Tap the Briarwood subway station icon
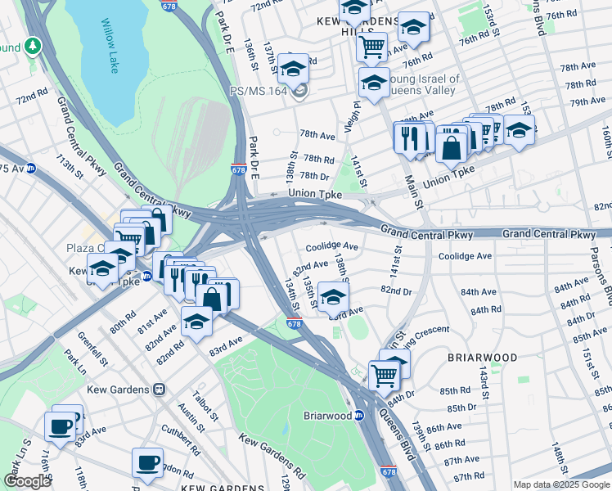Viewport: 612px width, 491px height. [x=358, y=415]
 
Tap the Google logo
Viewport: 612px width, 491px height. [x=27, y=481]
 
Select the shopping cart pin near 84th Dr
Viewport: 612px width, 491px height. [x=383, y=376]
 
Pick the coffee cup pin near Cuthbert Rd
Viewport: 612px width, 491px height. [x=147, y=463]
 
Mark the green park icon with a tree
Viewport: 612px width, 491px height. [x=34, y=46]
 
